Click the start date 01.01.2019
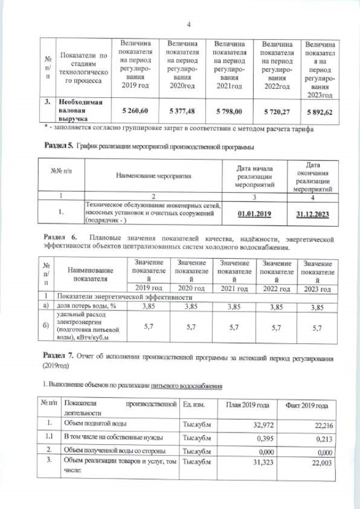point(255,214)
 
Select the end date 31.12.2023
point(312,214)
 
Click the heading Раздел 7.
point(58,358)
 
